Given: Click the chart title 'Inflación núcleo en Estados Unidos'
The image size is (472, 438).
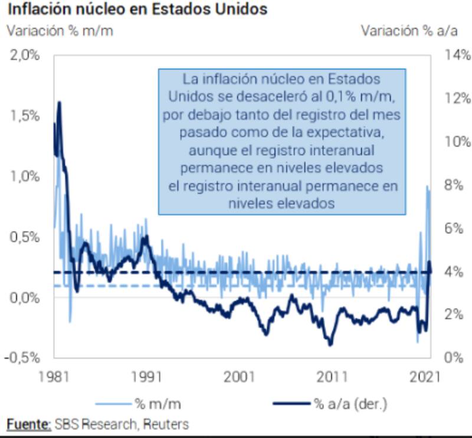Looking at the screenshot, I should click(x=137, y=10).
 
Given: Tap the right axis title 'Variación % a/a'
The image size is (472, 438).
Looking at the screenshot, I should click(x=410, y=31).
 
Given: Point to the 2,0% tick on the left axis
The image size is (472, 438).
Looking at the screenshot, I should click(x=25, y=55).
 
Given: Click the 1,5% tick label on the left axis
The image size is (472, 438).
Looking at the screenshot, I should click(x=25, y=116).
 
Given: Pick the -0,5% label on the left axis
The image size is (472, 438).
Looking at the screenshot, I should click(x=23, y=358).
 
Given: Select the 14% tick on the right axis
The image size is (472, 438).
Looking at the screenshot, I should click(x=457, y=55).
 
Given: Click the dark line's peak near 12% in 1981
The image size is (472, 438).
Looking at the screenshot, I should click(x=59, y=103).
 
